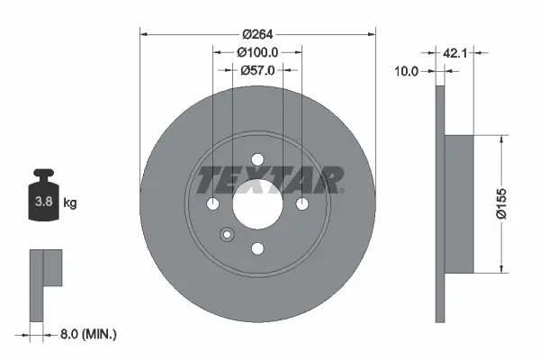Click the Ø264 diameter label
(257, 35)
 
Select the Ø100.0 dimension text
(257, 52)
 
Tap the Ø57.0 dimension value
(257, 69)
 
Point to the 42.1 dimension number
(455, 54)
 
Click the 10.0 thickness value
(408, 71)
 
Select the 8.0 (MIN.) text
(87, 334)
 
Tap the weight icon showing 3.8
(43, 200)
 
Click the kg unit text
(70, 203)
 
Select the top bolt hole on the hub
(257, 162)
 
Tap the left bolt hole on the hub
(213, 205)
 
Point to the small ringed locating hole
(226, 236)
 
